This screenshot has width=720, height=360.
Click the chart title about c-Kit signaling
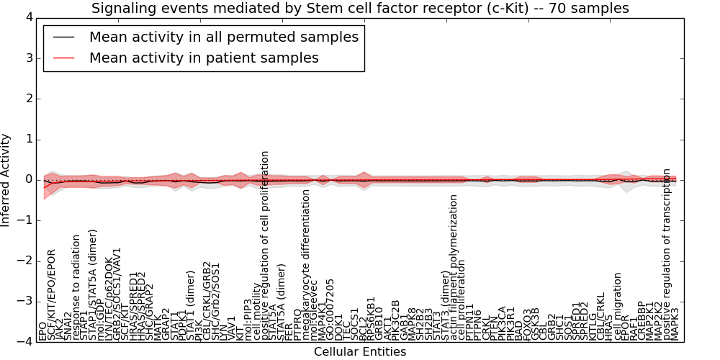pyautogui.click(x=360, y=9)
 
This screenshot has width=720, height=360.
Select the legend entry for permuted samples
pyautogui.click(x=224, y=37)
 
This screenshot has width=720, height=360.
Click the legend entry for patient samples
pyautogui.click(x=204, y=58)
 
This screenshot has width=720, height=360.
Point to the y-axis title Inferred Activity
pyautogui.click(x=6, y=180)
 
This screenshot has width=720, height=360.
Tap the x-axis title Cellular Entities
pyautogui.click(x=360, y=352)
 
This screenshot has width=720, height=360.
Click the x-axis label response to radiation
pyautogui.click(x=76, y=287)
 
